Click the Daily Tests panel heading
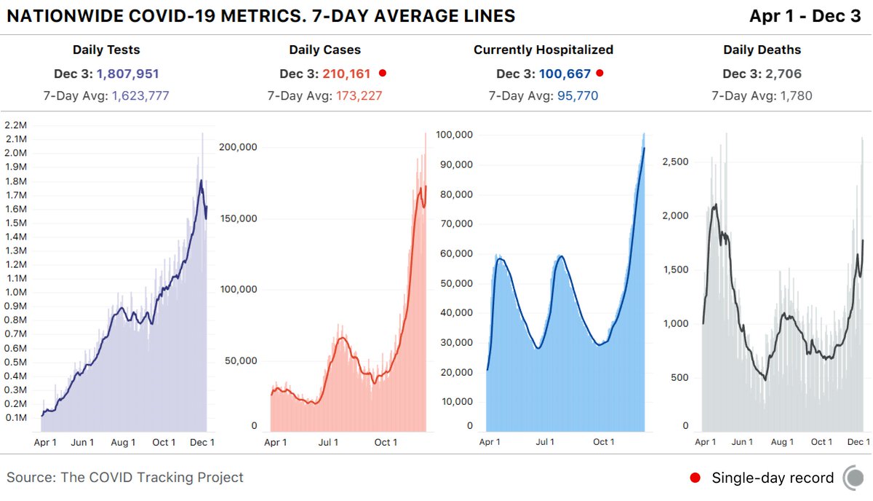click(x=106, y=50)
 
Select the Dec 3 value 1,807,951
click(x=127, y=74)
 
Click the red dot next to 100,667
click(x=600, y=74)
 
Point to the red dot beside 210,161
click(x=382, y=74)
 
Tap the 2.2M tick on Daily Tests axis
click(x=15, y=125)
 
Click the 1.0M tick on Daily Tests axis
click(x=15, y=293)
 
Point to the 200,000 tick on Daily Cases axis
click(x=239, y=147)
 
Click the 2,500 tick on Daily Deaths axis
click(x=676, y=162)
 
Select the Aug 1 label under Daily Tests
click(x=123, y=442)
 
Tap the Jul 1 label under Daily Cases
click(x=328, y=442)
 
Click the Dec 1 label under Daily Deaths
click(x=858, y=442)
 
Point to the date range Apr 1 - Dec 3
click(x=805, y=16)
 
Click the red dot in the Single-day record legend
click(x=695, y=478)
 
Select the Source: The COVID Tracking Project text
click(x=125, y=478)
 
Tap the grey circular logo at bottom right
click(x=854, y=478)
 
